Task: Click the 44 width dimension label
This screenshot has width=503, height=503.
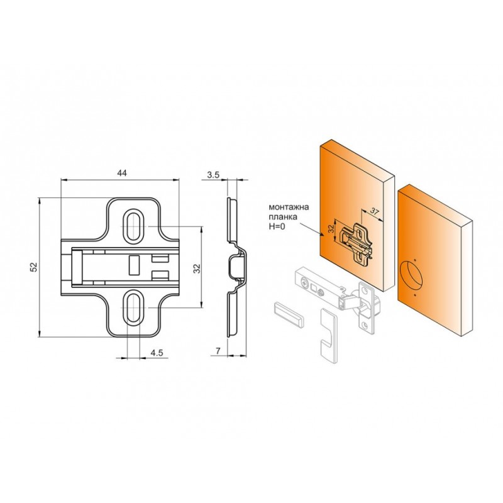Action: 122,174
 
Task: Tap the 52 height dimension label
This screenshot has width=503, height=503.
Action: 35,267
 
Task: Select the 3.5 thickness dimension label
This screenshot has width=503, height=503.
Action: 213,175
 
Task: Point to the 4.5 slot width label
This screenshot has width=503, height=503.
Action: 157,353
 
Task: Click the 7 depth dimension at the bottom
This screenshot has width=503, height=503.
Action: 218,351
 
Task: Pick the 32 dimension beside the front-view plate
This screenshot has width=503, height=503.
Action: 197,268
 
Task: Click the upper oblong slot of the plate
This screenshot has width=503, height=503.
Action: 133,226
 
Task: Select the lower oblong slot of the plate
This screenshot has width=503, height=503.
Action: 133,307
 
